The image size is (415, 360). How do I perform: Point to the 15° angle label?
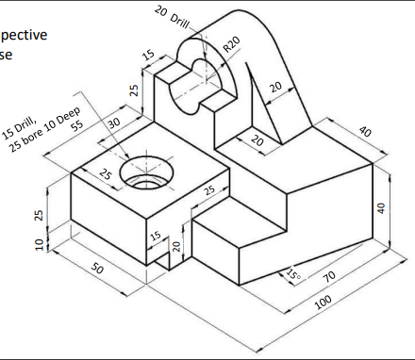[x=292, y=275]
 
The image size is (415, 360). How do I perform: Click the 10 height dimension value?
[x=39, y=245]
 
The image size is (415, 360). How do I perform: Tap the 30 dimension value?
[x=114, y=123]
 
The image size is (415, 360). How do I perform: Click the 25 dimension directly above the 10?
[x=39, y=215]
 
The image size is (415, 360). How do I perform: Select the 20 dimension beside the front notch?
[x=176, y=247]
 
